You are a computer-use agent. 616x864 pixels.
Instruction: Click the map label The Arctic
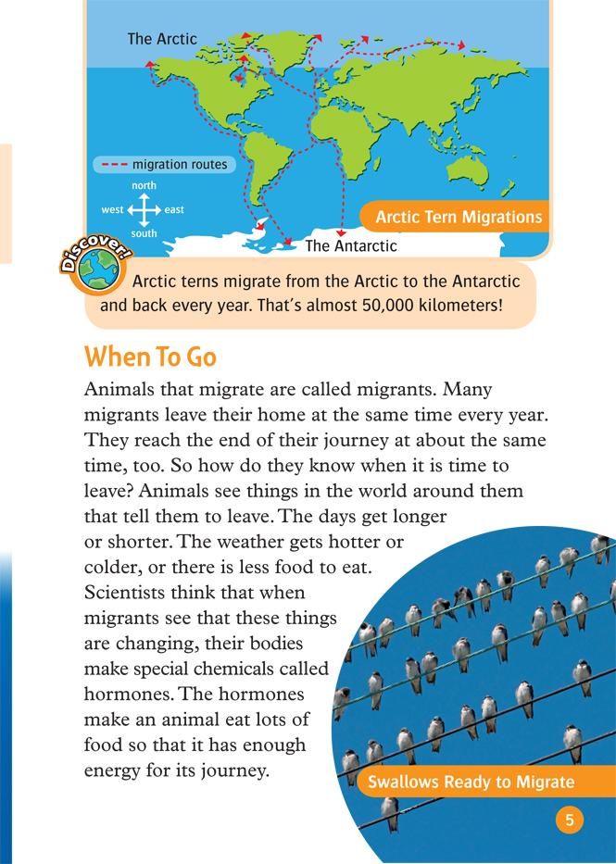click(162, 39)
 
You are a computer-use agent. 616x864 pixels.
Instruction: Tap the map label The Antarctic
click(350, 245)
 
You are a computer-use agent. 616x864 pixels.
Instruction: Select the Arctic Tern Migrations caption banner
click(458, 219)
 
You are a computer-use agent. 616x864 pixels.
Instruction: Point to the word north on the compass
click(144, 186)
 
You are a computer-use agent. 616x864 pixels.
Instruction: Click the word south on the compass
click(144, 233)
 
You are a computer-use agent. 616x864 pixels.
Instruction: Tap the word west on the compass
click(112, 210)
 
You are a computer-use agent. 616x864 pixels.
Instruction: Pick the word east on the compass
click(174, 210)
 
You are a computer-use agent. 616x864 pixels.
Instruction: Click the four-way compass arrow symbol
click(144, 210)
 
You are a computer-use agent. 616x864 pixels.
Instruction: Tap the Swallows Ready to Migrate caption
click(471, 783)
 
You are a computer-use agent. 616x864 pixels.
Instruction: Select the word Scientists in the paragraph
click(127, 589)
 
